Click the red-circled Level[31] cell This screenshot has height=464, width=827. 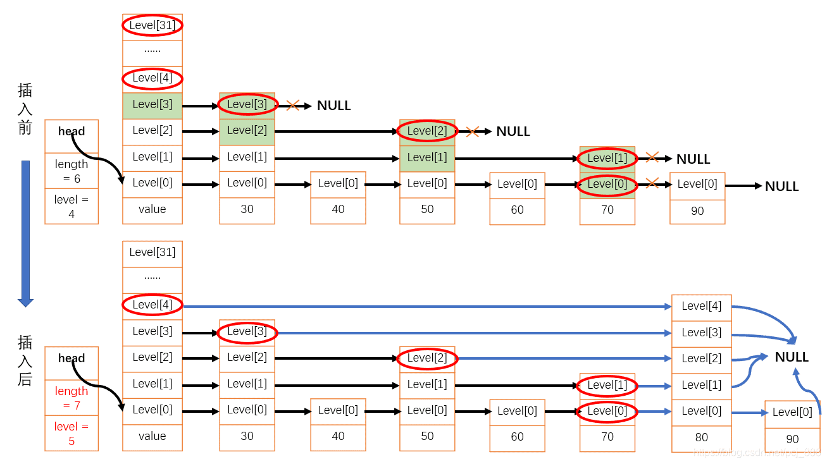pyautogui.click(x=152, y=26)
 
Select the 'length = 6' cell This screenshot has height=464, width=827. pyautogui.click(x=72, y=171)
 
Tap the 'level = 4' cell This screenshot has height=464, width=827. pyautogui.click(x=72, y=206)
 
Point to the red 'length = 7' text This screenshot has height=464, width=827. pyautogui.click(x=72, y=398)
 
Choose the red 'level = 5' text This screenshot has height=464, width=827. pyautogui.click(x=72, y=433)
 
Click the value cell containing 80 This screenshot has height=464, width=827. pyautogui.click(x=701, y=437)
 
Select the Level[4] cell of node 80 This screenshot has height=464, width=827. pyautogui.click(x=701, y=307)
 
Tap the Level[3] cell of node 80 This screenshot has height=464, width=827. pyautogui.click(x=701, y=333)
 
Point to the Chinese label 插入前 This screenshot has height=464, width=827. pyautogui.click(x=25, y=109)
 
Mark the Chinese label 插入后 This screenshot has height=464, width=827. pyautogui.click(x=25, y=361)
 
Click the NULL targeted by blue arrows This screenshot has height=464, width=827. pyautogui.click(x=792, y=357)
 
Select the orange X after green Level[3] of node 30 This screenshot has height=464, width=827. pyautogui.click(x=292, y=105)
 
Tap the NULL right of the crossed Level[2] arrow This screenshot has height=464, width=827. pyautogui.click(x=513, y=131)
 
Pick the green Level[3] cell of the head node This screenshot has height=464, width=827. pyautogui.click(x=152, y=105)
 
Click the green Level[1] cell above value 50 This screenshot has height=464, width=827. pyautogui.click(x=427, y=157)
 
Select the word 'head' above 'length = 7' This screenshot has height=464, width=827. pyautogui.click(x=72, y=358)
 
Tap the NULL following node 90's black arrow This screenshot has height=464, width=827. pyautogui.click(x=781, y=186)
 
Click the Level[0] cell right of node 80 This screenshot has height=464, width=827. pyautogui.click(x=792, y=413)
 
